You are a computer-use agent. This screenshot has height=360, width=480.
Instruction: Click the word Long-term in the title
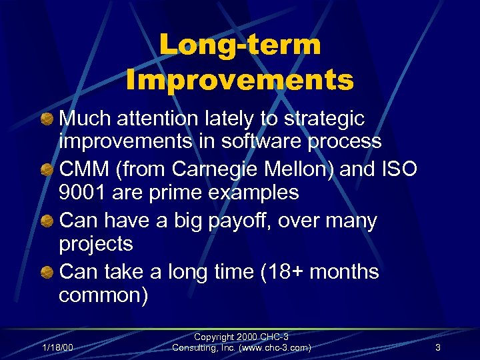click(240, 45)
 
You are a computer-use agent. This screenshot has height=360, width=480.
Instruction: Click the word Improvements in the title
click(240, 80)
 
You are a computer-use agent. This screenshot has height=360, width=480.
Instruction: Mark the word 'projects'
click(96, 244)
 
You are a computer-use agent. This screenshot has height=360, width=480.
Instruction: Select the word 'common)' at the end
click(103, 295)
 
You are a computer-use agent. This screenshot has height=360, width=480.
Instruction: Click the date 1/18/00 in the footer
click(58, 347)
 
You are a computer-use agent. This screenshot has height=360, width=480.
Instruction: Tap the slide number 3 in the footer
click(437, 347)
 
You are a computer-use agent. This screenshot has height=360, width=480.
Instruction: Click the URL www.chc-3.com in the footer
click(269, 347)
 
